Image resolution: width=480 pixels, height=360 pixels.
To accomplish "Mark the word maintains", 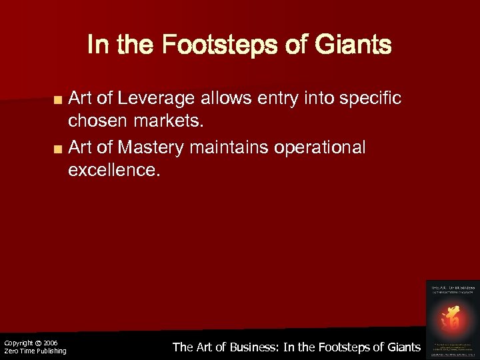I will click(228, 147).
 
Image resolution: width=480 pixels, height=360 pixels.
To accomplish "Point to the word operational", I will click(321, 147).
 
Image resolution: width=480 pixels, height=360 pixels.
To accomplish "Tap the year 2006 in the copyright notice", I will click(51, 343).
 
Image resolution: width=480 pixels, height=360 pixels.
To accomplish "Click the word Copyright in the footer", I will click(19, 343).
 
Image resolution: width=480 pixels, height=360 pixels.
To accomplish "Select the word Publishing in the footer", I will click(51, 351).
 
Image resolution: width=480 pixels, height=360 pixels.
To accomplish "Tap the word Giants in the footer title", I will click(402, 347).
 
